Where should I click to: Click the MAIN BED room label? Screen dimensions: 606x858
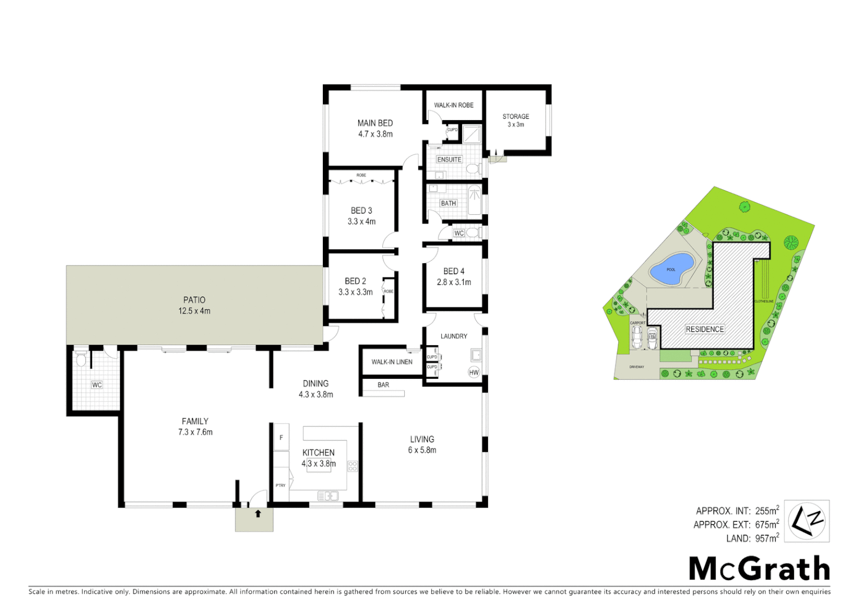pos(375,123)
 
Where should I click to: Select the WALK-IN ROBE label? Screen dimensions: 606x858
pos(454,105)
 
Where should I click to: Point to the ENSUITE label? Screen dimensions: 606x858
pos(449,159)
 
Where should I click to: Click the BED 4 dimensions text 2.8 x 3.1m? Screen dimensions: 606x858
pos(454,282)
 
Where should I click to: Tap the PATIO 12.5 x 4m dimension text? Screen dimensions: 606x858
pos(194,311)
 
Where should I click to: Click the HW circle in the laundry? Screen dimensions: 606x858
pos(474,373)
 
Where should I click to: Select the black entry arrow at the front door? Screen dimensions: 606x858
pos(258,513)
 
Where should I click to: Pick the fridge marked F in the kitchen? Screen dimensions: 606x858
pos(281,438)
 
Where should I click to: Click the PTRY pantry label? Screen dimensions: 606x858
pos(280,485)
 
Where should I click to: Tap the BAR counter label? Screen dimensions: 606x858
pos(384,385)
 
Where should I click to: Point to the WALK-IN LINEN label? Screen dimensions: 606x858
pos(392,362)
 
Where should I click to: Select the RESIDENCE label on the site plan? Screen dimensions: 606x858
pos(705,329)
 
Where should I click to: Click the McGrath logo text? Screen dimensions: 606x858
pos(759,569)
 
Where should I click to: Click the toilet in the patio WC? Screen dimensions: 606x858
pos(81,360)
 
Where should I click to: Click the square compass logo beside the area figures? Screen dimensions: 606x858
pos(806,521)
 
